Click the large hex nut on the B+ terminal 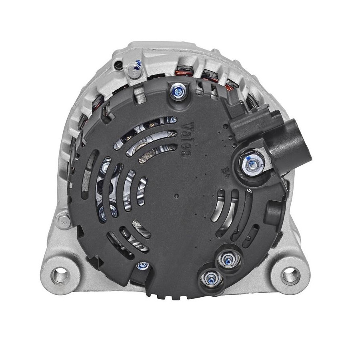pos(252,163)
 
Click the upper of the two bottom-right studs pos(228,259)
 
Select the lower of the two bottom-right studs pos(211,278)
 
